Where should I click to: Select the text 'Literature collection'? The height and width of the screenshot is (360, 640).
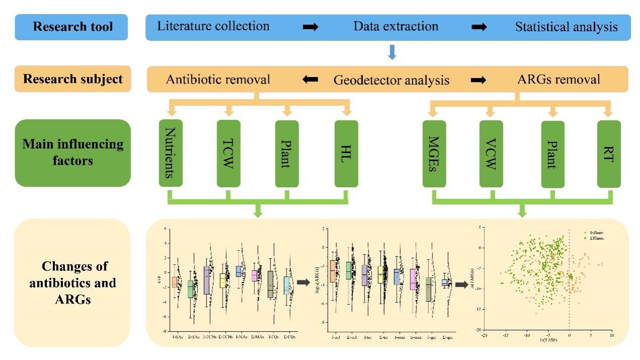(213, 26)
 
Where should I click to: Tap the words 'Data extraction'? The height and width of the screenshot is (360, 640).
(395, 26)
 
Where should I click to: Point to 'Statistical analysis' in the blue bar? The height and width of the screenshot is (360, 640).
(566, 27)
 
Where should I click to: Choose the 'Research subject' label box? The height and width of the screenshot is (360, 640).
(73, 79)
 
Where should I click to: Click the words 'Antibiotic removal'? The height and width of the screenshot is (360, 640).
(218, 80)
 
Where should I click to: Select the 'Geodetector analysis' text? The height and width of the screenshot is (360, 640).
(391, 80)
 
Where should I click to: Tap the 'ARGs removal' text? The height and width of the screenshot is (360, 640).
(558, 80)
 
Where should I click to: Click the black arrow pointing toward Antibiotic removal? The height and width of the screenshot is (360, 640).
(310, 80)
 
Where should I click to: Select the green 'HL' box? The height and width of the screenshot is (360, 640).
(347, 153)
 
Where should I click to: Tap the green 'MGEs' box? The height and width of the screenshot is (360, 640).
(434, 153)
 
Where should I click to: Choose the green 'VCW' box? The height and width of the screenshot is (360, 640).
(491, 153)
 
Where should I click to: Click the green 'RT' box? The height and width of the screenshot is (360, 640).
(609, 153)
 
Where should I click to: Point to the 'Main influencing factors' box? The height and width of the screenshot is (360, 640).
(73, 153)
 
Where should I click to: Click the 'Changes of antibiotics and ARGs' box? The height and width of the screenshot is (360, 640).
(73, 282)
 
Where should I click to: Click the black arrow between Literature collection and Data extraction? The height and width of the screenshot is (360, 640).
(310, 27)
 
